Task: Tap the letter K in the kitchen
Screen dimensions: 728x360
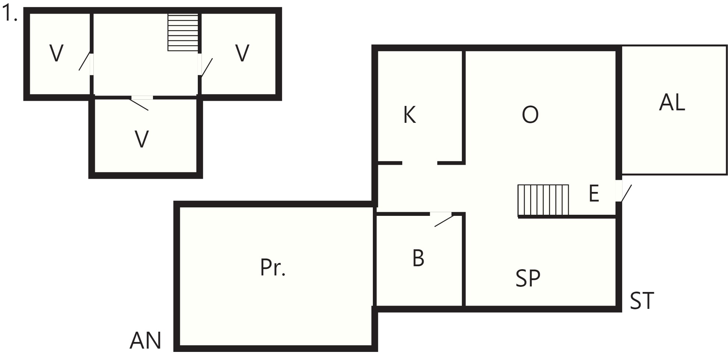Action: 410,115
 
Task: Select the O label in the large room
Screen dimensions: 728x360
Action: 530,115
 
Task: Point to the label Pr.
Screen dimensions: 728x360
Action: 273,267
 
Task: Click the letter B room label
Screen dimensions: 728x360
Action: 418,258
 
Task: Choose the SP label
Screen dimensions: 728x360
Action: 528,278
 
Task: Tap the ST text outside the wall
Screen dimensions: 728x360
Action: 642,301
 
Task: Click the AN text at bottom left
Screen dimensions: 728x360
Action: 146,341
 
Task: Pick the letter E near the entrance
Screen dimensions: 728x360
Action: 594,193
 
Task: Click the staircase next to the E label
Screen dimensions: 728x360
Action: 543,200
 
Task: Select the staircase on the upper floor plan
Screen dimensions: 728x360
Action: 183,32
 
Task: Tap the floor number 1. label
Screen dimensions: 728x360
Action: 10,14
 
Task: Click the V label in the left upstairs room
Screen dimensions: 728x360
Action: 56,53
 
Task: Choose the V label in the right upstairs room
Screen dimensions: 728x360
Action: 242,53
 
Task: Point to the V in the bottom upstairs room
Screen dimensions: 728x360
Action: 142,139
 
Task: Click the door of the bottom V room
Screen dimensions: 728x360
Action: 142,103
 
